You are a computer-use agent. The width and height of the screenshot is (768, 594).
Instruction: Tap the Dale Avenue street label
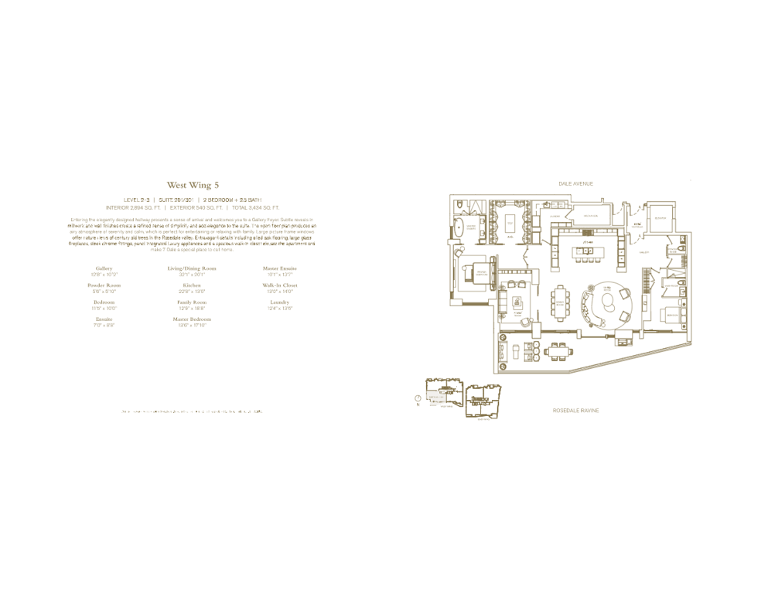click(x=575, y=183)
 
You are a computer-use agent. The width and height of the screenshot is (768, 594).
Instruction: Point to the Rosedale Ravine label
click(x=575, y=411)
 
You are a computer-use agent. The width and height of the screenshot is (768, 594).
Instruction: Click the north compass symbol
click(x=418, y=398)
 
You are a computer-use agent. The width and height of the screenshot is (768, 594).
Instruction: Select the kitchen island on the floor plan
click(x=585, y=251)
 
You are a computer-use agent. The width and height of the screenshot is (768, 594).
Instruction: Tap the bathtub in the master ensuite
click(x=459, y=228)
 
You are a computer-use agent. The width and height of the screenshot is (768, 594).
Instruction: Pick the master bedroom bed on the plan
click(x=470, y=275)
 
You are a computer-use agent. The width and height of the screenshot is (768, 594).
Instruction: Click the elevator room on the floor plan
click(x=660, y=218)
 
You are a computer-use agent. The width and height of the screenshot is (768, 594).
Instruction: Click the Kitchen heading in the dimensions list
click(x=192, y=285)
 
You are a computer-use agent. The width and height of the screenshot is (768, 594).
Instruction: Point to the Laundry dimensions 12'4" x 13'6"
click(x=280, y=309)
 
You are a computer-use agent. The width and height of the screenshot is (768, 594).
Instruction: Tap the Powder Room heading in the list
click(x=104, y=285)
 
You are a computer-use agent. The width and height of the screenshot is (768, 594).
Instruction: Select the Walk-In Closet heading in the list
click(x=280, y=285)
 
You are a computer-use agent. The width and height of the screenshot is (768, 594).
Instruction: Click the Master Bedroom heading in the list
click(x=192, y=319)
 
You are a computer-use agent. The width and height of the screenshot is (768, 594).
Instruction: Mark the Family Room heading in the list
click(x=192, y=302)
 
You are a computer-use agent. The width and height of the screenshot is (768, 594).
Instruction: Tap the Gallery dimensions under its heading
click(x=104, y=275)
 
